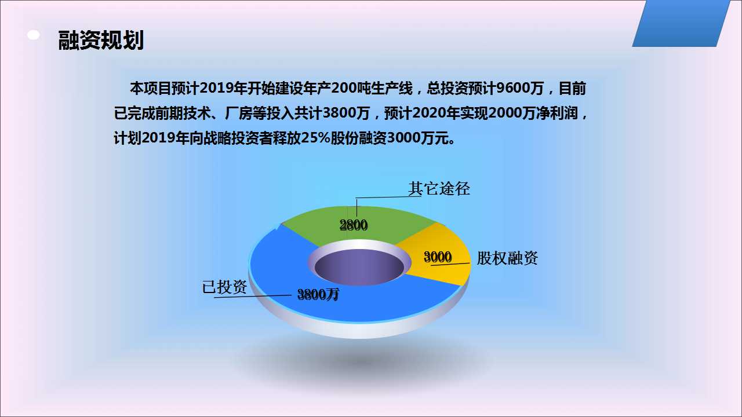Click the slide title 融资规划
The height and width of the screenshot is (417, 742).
click(101, 41)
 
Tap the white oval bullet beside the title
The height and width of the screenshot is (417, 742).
click(34, 35)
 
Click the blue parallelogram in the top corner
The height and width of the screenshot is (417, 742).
click(681, 23)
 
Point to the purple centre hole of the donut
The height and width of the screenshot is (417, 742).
click(359, 267)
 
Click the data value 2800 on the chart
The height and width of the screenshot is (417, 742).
click(354, 225)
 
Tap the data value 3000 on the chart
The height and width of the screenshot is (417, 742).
click(438, 257)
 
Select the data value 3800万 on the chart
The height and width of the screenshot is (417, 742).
click(318, 294)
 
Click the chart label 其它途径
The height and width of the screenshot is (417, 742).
click(439, 189)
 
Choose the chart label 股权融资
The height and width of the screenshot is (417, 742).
click(507, 258)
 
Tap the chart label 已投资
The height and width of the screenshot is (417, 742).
click(224, 287)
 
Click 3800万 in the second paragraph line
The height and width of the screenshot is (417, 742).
click(346, 113)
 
